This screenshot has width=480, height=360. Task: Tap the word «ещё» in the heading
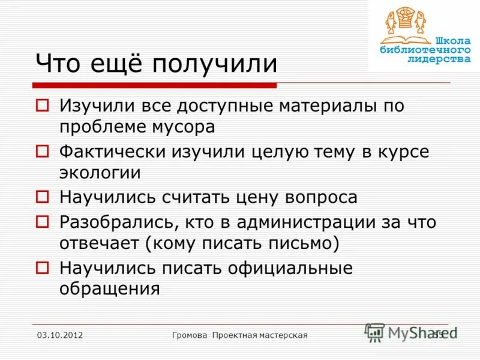pos(118,64)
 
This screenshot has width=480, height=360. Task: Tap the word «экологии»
pos(100,173)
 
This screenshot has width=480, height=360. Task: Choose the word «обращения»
pos(110,289)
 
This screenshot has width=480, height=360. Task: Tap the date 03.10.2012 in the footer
pos(59,335)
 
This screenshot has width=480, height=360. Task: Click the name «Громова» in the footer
pos(190,335)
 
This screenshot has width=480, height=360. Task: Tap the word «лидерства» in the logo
pos(439,59)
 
